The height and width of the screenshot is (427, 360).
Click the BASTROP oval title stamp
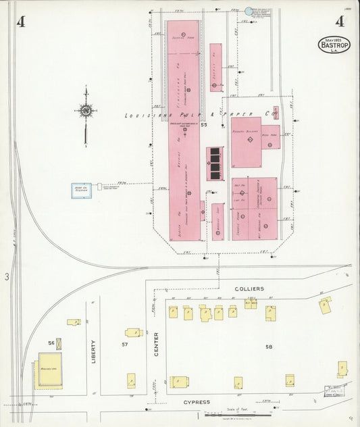(334, 45)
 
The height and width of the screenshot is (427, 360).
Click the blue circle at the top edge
(249, 11)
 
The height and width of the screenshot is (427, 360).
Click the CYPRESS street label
(197, 401)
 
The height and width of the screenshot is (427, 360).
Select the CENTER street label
(156, 344)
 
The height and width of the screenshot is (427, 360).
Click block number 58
(269, 347)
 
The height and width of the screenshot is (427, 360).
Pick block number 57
(124, 345)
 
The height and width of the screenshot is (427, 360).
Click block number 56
(51, 343)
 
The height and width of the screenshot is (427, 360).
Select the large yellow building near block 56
(49, 370)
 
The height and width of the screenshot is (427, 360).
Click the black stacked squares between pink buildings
(215, 164)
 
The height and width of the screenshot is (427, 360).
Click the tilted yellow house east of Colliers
(326, 305)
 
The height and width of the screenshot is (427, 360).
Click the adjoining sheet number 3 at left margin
(7, 276)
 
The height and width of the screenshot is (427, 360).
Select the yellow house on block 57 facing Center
(133, 332)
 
